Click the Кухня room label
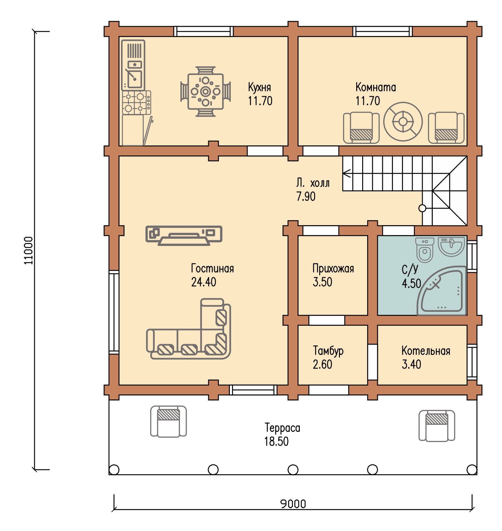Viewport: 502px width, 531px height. coord(260,87)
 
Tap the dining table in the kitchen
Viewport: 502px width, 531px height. coord(205,91)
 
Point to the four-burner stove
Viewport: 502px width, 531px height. coord(136,103)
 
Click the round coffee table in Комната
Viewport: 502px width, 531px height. coord(403,122)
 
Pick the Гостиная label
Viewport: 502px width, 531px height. coord(212,268)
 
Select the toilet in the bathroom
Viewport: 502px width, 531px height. coord(425,250)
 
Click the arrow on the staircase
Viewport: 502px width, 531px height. coord(347,173)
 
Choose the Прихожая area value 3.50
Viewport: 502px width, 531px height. coord(322,282)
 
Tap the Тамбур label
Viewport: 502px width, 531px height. coord(328,351)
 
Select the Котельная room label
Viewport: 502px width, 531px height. coord(426,351)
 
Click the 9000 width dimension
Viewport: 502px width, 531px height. coord(293,504)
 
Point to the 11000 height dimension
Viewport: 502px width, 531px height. coord(28,250)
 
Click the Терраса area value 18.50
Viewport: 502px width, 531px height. coord(276,441)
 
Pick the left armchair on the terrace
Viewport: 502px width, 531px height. coord(168,421)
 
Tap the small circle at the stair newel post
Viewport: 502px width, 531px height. coord(422,208)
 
